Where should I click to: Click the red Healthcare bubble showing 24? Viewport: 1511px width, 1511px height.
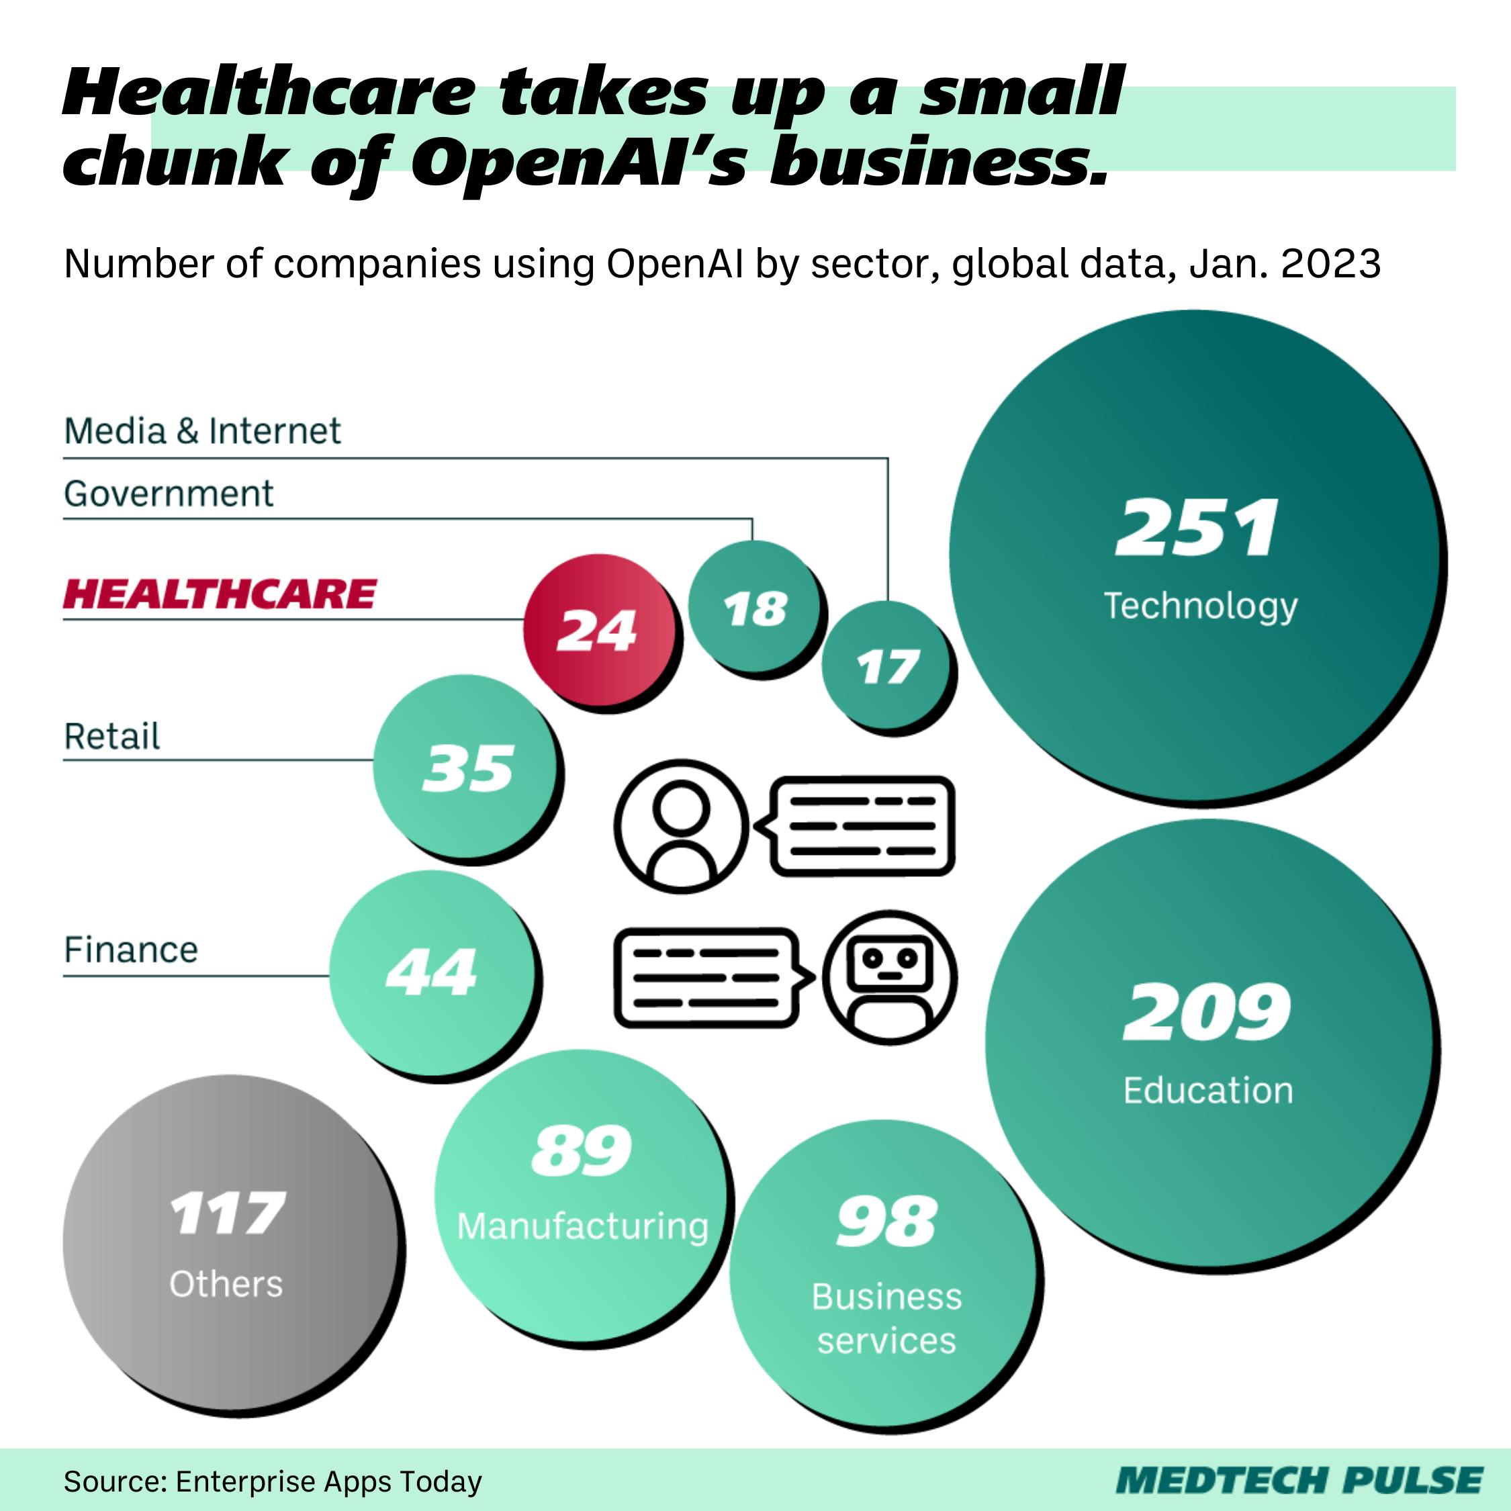(x=598, y=630)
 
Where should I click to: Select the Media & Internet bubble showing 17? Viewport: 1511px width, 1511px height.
(x=887, y=666)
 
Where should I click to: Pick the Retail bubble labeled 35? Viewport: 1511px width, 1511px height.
(x=467, y=767)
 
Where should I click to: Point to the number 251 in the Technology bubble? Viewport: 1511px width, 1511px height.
(x=1197, y=528)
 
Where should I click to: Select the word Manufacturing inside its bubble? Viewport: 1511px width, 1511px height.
(x=583, y=1226)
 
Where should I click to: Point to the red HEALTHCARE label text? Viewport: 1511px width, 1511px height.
(x=220, y=594)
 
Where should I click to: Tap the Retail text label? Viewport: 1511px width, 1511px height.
(x=112, y=736)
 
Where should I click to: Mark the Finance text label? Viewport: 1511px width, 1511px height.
(x=130, y=950)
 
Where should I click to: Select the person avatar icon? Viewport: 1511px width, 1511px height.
(x=681, y=826)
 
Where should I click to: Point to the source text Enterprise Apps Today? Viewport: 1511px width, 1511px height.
(x=328, y=1481)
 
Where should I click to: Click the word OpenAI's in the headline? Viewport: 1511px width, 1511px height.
(x=580, y=161)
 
